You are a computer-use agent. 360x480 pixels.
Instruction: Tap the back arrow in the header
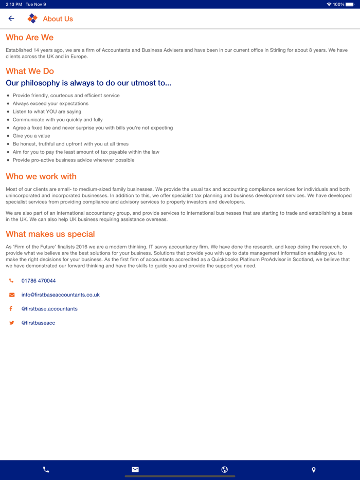point(11,19)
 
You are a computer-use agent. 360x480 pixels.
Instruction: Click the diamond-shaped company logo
point(32,19)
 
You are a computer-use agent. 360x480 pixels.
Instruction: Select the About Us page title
point(58,19)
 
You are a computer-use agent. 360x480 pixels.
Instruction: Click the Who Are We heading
point(29,38)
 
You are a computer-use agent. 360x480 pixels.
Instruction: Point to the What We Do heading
point(30,71)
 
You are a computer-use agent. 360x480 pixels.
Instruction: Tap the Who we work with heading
point(41,176)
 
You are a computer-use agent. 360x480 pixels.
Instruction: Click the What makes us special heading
point(50,234)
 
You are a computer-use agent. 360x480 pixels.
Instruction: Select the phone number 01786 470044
point(39,281)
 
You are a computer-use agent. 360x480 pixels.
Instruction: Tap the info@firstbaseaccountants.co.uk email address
point(60,295)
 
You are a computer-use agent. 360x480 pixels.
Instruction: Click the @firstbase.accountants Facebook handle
point(49,309)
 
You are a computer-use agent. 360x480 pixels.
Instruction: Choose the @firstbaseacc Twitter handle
point(38,323)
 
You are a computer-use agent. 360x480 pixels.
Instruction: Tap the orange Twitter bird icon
point(11,323)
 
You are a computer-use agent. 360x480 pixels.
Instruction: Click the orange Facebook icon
point(11,309)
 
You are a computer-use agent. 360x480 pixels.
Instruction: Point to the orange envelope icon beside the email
point(12,295)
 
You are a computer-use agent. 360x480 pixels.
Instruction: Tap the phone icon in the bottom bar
point(46,469)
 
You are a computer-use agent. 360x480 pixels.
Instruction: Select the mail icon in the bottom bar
point(135,469)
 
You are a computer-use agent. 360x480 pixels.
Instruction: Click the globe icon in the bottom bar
point(225,469)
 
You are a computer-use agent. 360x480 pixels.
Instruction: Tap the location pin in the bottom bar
point(314,469)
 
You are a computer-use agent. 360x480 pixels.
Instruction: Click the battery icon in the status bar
point(350,4)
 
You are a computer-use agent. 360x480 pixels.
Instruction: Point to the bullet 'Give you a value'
point(31,136)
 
